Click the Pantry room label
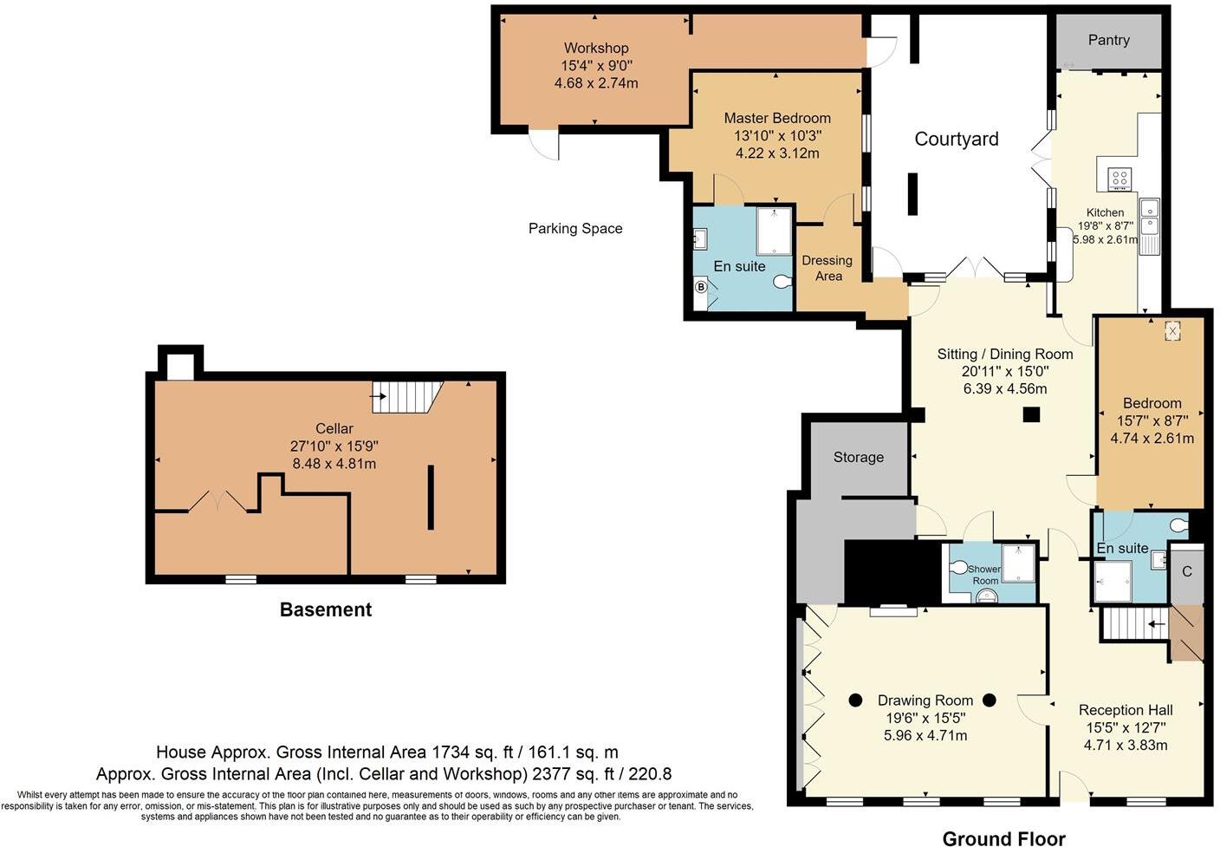pyautogui.click(x=1108, y=40)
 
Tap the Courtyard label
pyautogui.click(x=957, y=139)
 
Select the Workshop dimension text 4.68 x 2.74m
pyautogui.click(x=596, y=83)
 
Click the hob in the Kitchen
pyautogui.click(x=1119, y=179)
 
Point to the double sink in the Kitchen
pyautogui.click(x=1149, y=217)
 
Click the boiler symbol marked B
pyautogui.click(x=701, y=287)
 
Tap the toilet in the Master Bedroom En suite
pyautogui.click(x=782, y=281)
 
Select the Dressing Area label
pyautogui.click(x=827, y=268)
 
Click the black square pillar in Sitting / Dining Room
pyautogui.click(x=1030, y=414)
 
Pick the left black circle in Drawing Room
pyautogui.click(x=855, y=700)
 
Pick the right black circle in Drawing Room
pyautogui.click(x=990, y=700)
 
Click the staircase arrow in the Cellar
pyautogui.click(x=378, y=396)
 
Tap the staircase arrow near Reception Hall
pyautogui.click(x=1156, y=622)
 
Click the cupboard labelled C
pyautogui.click(x=1186, y=571)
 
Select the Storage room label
pyautogui.click(x=858, y=457)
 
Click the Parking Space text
pyautogui.click(x=575, y=228)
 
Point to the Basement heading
pyautogui.click(x=326, y=609)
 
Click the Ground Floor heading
pyautogui.click(x=1003, y=837)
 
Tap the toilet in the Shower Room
pyautogui.click(x=959, y=568)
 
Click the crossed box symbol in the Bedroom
pyautogui.click(x=1172, y=330)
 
